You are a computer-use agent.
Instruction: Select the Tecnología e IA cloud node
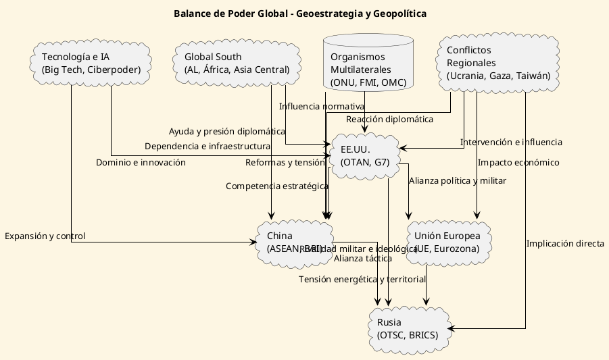(x=91, y=63)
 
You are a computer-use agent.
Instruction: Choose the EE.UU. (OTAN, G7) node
(x=364, y=155)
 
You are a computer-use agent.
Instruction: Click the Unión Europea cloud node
(x=447, y=242)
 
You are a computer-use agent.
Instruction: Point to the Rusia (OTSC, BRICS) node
(x=407, y=328)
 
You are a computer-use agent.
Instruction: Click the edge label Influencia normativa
(x=321, y=106)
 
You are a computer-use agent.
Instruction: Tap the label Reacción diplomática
(x=389, y=119)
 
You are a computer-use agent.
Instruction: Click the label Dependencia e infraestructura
(x=208, y=146)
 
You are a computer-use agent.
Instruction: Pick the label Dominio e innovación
(x=141, y=162)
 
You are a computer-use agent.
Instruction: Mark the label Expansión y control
(x=45, y=236)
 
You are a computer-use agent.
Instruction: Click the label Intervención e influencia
(x=511, y=142)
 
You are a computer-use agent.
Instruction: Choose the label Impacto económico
(x=518, y=162)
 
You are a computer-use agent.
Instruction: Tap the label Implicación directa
(x=565, y=244)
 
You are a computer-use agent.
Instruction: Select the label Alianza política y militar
(x=458, y=180)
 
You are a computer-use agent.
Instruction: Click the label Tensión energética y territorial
(x=362, y=279)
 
